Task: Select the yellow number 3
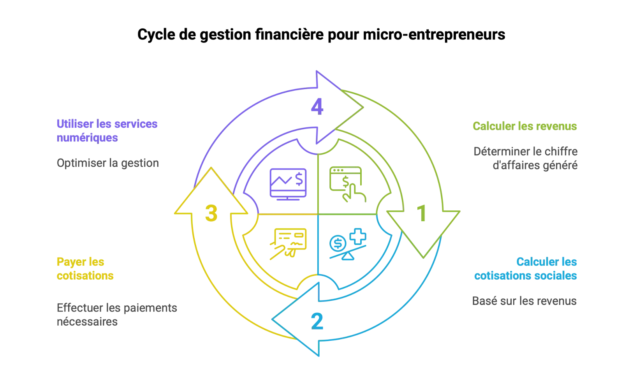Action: [x=211, y=213]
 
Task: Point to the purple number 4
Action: [x=317, y=107]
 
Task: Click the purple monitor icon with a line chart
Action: [x=288, y=184]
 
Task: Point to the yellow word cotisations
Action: [x=85, y=275]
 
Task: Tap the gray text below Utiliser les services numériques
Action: [x=107, y=162]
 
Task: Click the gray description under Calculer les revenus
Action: [x=526, y=158]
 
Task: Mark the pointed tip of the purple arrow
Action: [x=363, y=107]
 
